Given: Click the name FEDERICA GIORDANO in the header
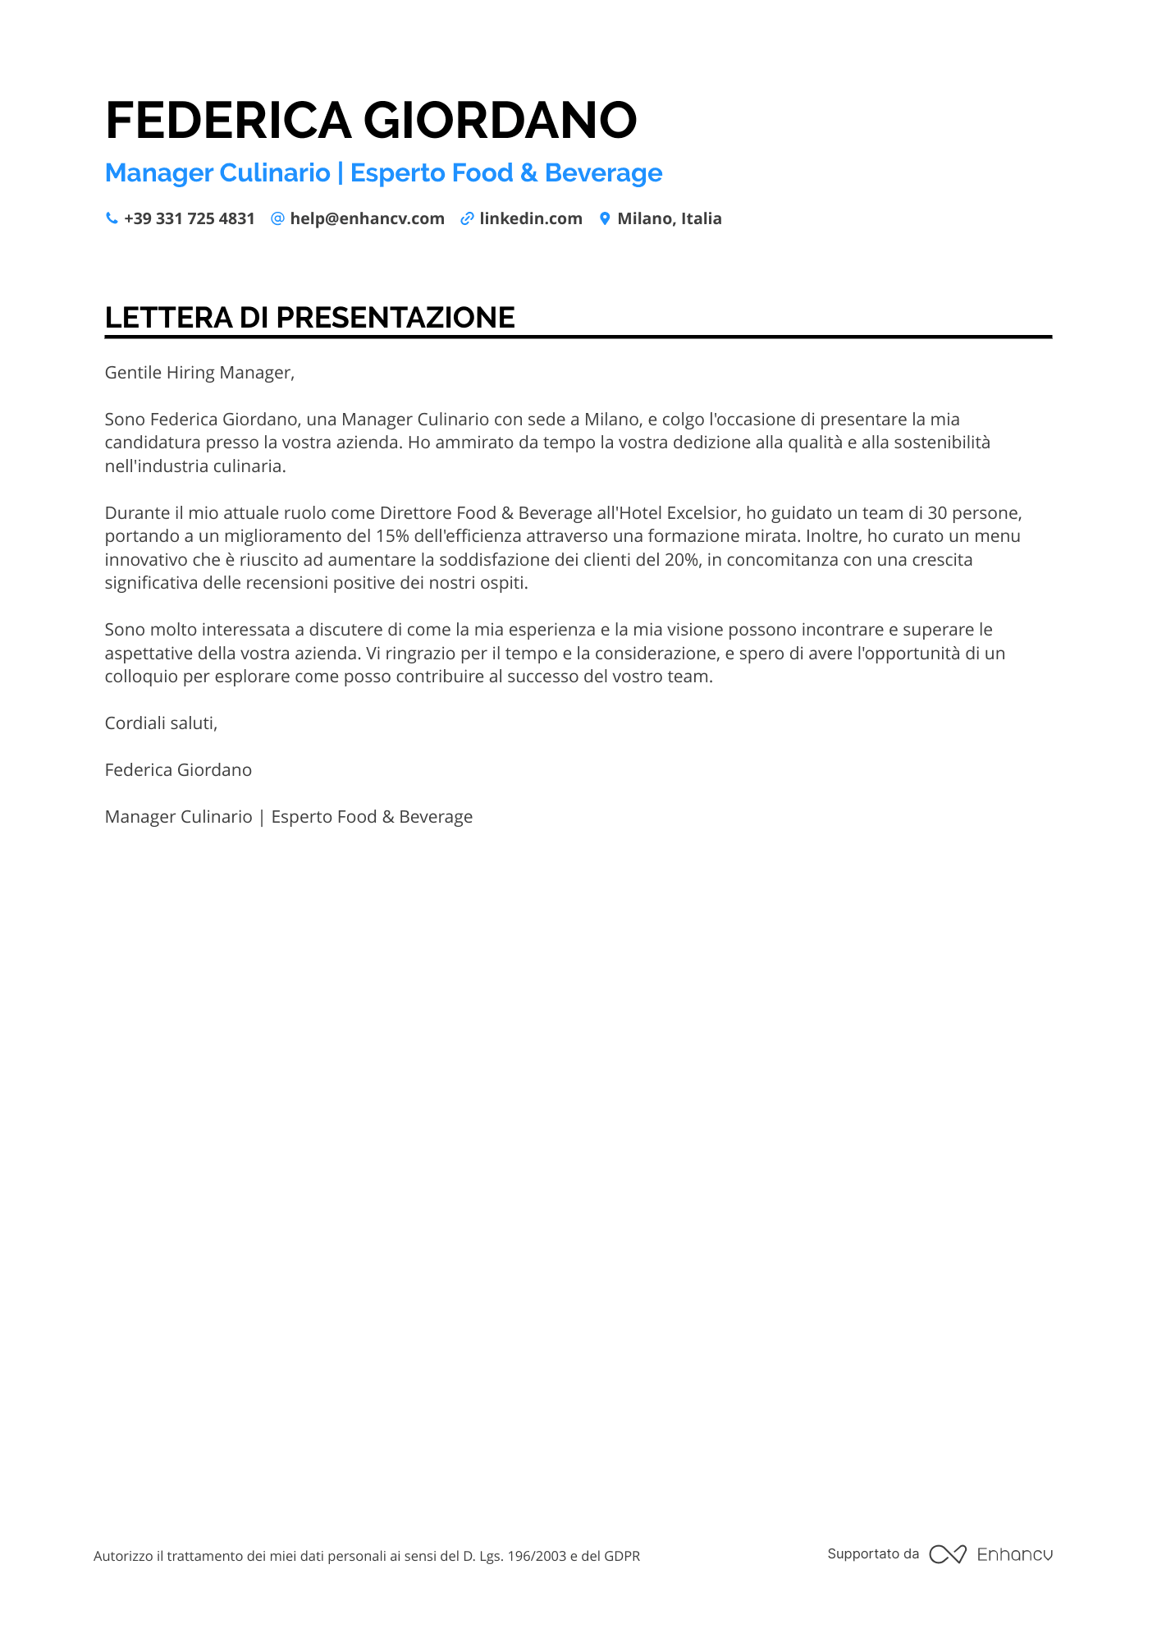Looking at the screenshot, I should click(371, 120).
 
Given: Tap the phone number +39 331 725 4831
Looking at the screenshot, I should click(190, 218).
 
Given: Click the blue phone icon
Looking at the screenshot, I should click(112, 218).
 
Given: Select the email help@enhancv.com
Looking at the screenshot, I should click(367, 218).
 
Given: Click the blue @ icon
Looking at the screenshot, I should click(277, 218).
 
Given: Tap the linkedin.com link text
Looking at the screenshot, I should click(531, 218).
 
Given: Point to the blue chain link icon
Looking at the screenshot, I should click(467, 218).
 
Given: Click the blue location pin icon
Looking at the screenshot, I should click(605, 218).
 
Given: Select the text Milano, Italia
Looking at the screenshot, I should click(670, 218).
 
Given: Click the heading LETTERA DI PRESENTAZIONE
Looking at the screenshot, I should click(310, 318).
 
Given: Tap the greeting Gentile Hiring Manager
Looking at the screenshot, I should click(199, 373).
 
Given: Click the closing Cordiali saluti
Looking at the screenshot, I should click(161, 723).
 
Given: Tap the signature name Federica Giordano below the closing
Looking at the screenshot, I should click(178, 770).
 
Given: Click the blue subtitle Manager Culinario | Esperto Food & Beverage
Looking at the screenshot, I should click(383, 173).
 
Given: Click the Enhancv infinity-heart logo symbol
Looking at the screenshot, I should click(948, 1554).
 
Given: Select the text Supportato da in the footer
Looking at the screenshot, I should click(873, 1553).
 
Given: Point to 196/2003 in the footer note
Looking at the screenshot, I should click(537, 1556).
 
